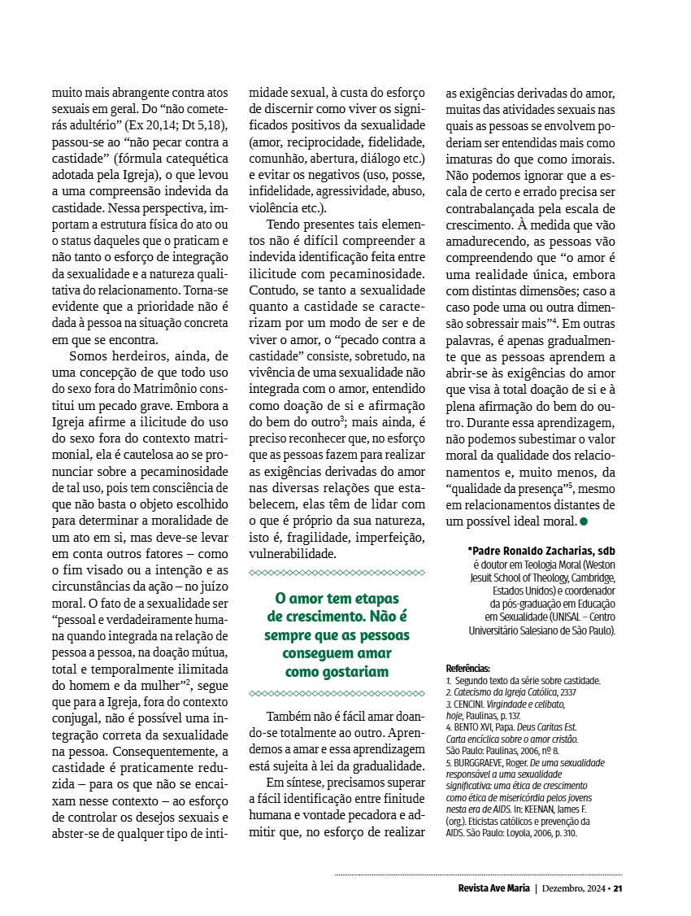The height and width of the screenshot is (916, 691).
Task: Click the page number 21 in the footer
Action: click(618, 888)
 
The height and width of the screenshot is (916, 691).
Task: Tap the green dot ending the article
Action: click(572, 519)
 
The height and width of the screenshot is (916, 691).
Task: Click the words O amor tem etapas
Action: click(336, 598)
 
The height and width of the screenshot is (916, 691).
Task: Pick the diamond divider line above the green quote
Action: click(336, 573)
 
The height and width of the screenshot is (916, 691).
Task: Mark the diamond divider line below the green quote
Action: click(336, 693)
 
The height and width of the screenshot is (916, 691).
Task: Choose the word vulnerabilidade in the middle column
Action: click(292, 553)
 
